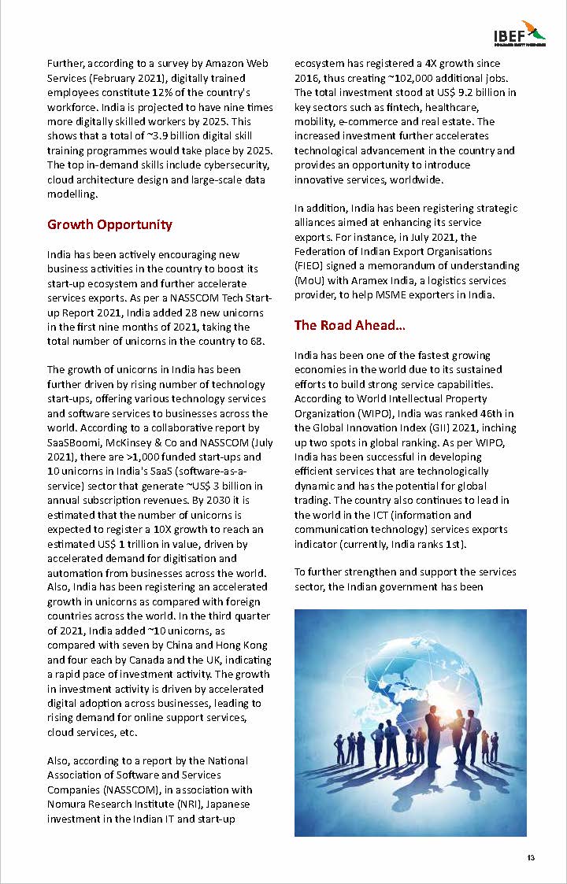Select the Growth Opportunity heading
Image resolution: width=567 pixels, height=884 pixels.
[x=109, y=225]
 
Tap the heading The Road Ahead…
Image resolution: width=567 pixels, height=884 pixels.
[x=350, y=325]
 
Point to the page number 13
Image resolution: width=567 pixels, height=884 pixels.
[x=531, y=857]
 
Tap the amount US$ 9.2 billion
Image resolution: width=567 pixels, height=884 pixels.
[x=477, y=92]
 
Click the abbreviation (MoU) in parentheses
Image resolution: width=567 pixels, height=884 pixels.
[x=312, y=280]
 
